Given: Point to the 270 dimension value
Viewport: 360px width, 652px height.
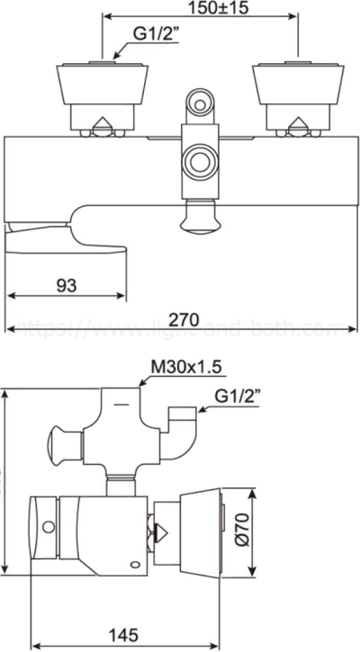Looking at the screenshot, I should (x=182, y=317).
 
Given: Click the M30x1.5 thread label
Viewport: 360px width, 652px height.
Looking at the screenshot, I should (x=186, y=366).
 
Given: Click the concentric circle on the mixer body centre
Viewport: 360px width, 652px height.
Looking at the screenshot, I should (x=197, y=164).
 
